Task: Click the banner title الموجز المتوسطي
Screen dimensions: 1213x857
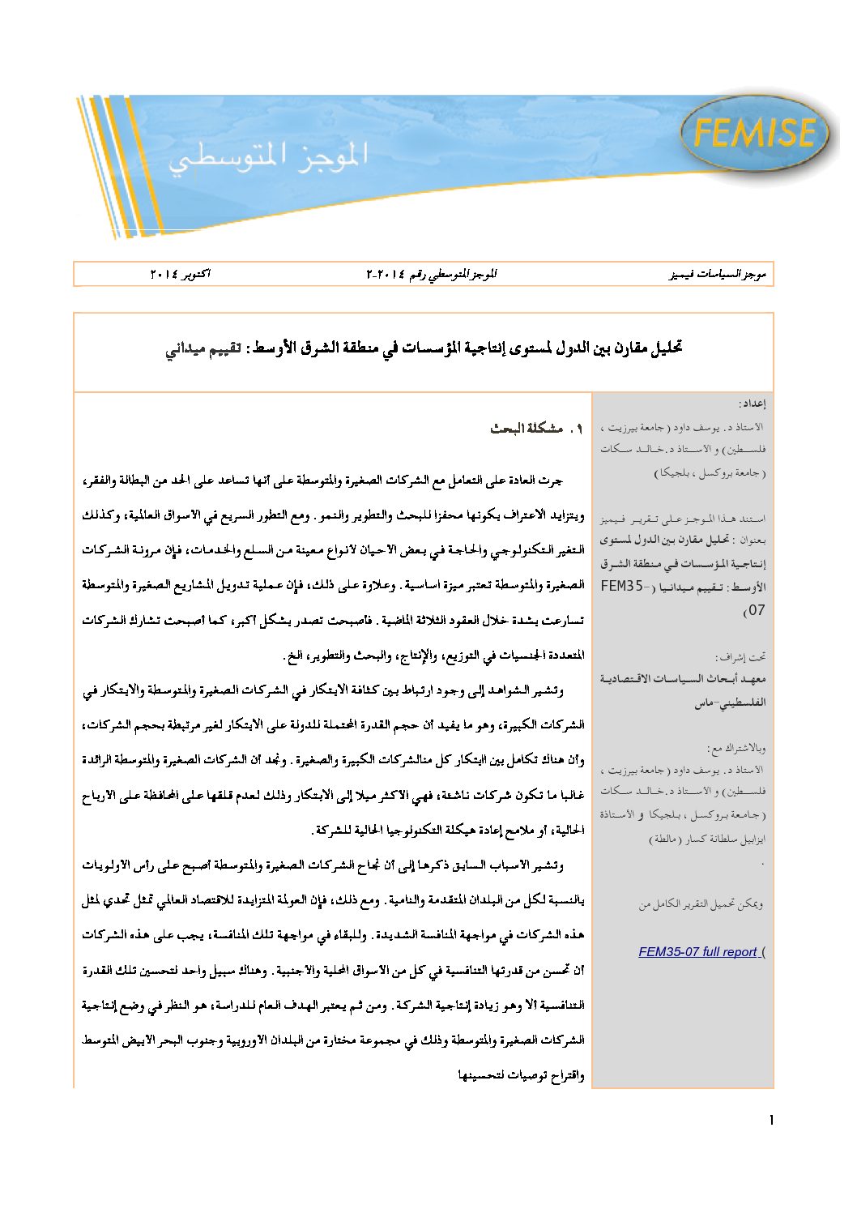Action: (x=268, y=156)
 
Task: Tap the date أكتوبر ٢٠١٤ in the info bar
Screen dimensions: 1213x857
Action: (x=180, y=274)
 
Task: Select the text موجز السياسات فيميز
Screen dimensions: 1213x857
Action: (x=718, y=274)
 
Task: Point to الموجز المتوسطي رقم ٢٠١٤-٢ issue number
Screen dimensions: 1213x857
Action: (x=431, y=274)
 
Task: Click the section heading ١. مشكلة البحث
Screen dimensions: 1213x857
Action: (x=536, y=429)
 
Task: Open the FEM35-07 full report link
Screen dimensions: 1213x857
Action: (x=697, y=952)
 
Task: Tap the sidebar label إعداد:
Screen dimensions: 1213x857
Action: (x=752, y=403)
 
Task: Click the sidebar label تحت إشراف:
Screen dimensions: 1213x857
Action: (x=740, y=657)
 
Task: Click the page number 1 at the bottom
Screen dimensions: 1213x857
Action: (x=771, y=1121)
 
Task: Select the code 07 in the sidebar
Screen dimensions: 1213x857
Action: (x=755, y=610)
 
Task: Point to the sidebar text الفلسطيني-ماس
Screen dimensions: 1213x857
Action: (x=729, y=703)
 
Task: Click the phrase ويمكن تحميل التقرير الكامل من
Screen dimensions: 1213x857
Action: (x=701, y=904)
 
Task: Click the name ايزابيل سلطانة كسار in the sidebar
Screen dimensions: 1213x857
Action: (x=716, y=839)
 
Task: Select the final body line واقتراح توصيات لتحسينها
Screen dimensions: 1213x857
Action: (x=521, y=1075)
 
